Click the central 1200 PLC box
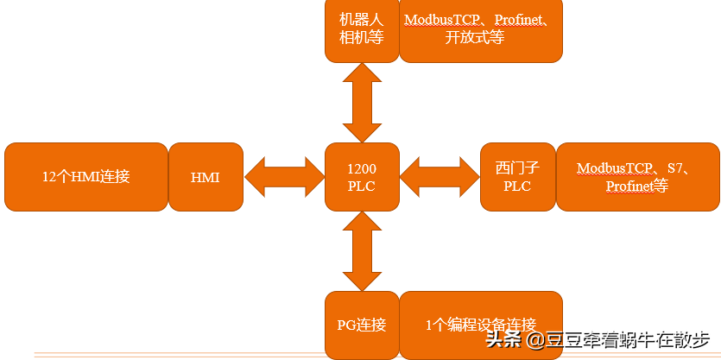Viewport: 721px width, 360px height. [x=362, y=177]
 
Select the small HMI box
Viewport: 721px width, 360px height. [x=205, y=177]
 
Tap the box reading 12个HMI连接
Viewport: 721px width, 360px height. [x=85, y=177]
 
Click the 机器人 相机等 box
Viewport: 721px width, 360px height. [x=361, y=29]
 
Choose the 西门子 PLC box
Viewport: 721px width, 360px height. [x=516, y=177]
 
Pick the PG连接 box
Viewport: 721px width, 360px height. [x=361, y=325]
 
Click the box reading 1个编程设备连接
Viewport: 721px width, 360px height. [x=480, y=325]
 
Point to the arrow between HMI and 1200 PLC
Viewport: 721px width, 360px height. [x=283, y=177]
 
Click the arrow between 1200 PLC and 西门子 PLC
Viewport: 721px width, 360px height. [x=440, y=177]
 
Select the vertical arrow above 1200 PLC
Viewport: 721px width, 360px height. [x=362, y=102]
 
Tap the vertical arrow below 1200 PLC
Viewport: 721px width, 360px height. [x=362, y=251]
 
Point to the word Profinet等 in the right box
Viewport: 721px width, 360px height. [x=636, y=186]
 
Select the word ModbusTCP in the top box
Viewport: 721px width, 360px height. [x=441, y=21]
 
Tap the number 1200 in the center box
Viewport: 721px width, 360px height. [x=362, y=169]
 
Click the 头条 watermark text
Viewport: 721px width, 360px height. [x=503, y=339]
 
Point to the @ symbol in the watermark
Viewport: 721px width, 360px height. [x=536, y=339]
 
